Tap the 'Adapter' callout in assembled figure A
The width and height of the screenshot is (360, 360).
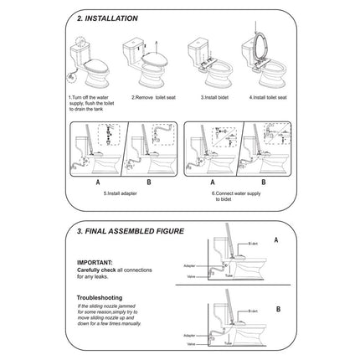point(191,265)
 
